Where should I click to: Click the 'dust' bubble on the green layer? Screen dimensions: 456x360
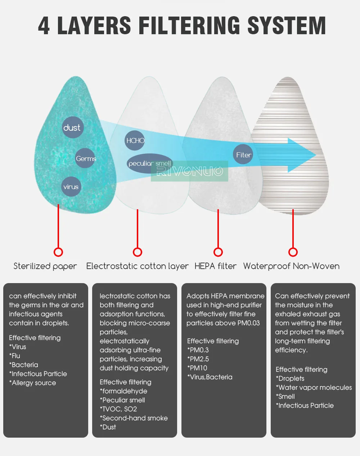coord(72,128)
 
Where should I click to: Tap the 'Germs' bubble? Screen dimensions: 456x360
coord(85,158)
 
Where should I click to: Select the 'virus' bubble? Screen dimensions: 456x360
coord(71,187)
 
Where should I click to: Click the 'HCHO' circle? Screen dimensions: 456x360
coord(135,140)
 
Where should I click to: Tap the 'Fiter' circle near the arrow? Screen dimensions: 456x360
coord(243,155)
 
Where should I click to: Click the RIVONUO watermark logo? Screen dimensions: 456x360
coord(190,171)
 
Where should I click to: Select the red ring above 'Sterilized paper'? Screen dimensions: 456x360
coord(58,252)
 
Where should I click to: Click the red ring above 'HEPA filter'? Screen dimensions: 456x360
coord(218,252)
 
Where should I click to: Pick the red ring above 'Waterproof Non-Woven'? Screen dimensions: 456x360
coord(293,252)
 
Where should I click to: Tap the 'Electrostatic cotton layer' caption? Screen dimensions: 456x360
coord(137,266)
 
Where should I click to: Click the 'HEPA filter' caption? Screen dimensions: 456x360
coord(215,266)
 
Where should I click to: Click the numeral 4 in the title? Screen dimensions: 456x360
coord(44,26)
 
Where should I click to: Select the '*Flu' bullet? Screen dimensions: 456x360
coord(15,356)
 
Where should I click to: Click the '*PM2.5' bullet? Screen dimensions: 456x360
coord(198,359)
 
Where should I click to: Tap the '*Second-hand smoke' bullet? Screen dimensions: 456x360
coord(134,418)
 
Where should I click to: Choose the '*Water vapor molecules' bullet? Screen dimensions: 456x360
coord(314,388)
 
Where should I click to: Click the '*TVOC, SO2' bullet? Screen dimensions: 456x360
coord(118,409)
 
